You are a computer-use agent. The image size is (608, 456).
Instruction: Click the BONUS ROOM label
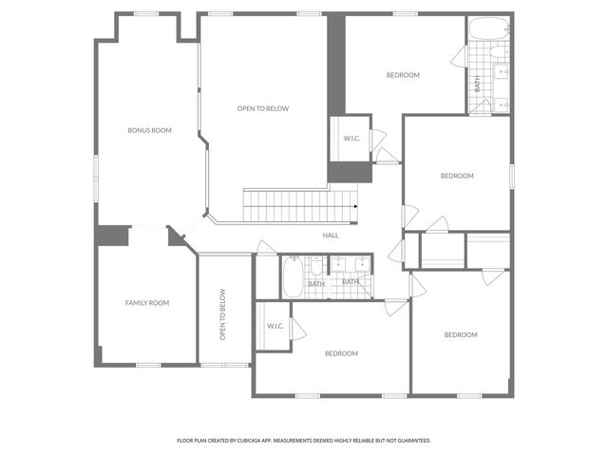[149, 130]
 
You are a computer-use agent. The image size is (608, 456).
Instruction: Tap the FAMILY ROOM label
[147, 303]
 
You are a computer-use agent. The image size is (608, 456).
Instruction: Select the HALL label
[331, 235]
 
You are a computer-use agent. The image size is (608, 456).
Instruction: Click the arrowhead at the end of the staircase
[355, 206]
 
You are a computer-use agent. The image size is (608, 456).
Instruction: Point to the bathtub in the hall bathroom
[291, 276]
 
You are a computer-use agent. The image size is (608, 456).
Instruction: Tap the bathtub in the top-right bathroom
[489, 29]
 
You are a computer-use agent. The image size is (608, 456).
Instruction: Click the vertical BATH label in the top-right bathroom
[477, 83]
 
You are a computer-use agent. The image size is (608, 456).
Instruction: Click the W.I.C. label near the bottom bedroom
[275, 326]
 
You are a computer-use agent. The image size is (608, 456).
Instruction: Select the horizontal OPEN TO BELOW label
[263, 108]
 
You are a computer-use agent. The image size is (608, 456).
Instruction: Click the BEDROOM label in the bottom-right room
[461, 334]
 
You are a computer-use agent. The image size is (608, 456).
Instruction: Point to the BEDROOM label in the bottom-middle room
[341, 353]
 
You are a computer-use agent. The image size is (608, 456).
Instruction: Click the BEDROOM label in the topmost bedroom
[403, 75]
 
